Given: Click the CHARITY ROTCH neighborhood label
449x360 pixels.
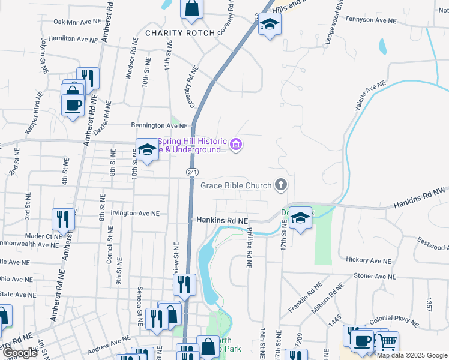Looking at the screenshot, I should click(x=175, y=32).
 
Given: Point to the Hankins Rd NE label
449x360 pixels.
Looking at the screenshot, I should click(x=222, y=221).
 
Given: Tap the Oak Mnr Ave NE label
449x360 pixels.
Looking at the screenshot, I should click(x=76, y=22).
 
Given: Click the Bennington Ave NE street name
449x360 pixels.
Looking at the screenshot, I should click(x=159, y=126).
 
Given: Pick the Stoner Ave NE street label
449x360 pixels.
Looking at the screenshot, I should click(x=377, y=275).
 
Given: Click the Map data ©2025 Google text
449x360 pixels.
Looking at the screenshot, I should click(x=412, y=355).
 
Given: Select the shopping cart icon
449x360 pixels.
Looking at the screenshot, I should click(x=387, y=342).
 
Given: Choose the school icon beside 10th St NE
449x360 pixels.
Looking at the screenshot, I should click(x=146, y=149).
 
